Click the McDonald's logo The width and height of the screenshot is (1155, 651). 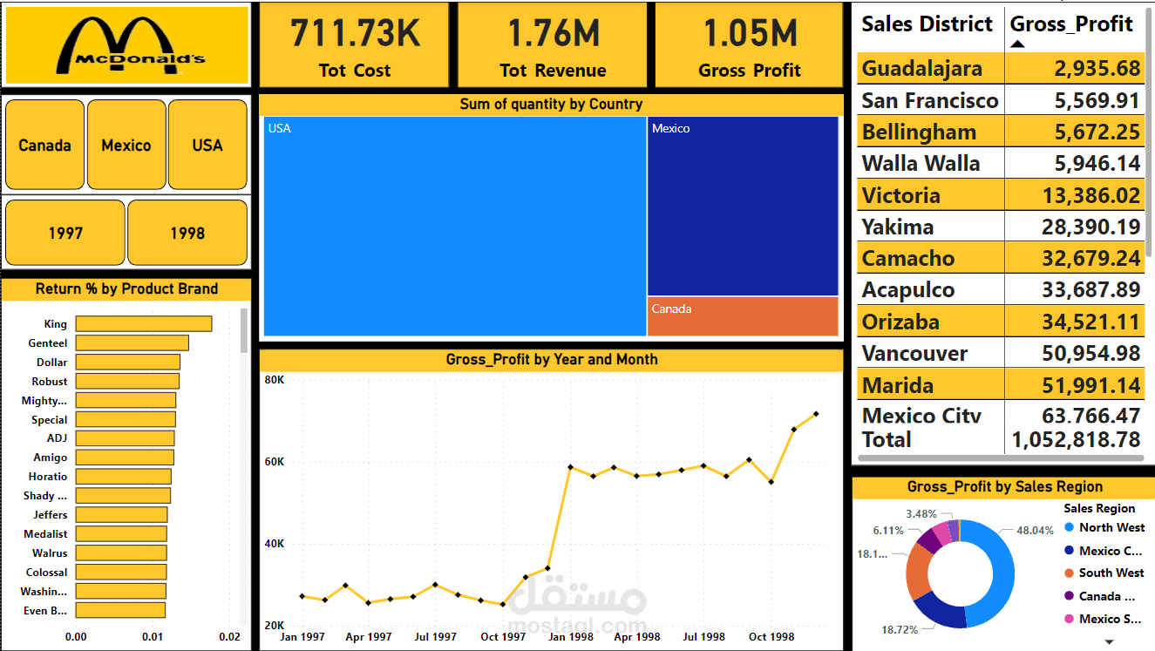pyautogui.click(x=127, y=45)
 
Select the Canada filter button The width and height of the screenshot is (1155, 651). pyautogui.click(x=44, y=145)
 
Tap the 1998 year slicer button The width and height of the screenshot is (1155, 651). pyautogui.click(x=187, y=233)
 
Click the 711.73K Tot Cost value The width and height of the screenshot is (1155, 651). pyautogui.click(x=355, y=33)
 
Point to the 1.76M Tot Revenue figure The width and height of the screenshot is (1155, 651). pyautogui.click(x=553, y=33)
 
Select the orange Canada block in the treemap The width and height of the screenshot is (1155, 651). pyautogui.click(x=742, y=316)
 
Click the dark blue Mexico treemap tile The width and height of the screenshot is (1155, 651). pyautogui.click(x=742, y=207)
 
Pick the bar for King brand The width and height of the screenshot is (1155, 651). pyautogui.click(x=143, y=324)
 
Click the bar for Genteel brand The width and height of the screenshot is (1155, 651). pyautogui.click(x=132, y=343)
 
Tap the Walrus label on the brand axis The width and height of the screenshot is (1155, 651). pyautogui.click(x=50, y=553)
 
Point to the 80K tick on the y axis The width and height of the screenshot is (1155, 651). pyautogui.click(x=275, y=381)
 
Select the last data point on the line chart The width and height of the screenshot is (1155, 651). pyautogui.click(x=816, y=414)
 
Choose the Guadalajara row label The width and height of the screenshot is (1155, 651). pyautogui.click(x=921, y=69)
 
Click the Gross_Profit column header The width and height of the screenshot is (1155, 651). pyautogui.click(x=1071, y=24)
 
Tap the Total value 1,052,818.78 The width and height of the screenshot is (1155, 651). pyautogui.click(x=1076, y=440)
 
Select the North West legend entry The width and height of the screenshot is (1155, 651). pyautogui.click(x=1111, y=527)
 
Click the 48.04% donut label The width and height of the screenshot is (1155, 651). pyautogui.click(x=1035, y=530)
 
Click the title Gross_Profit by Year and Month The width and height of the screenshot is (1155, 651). pyautogui.click(x=552, y=360)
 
